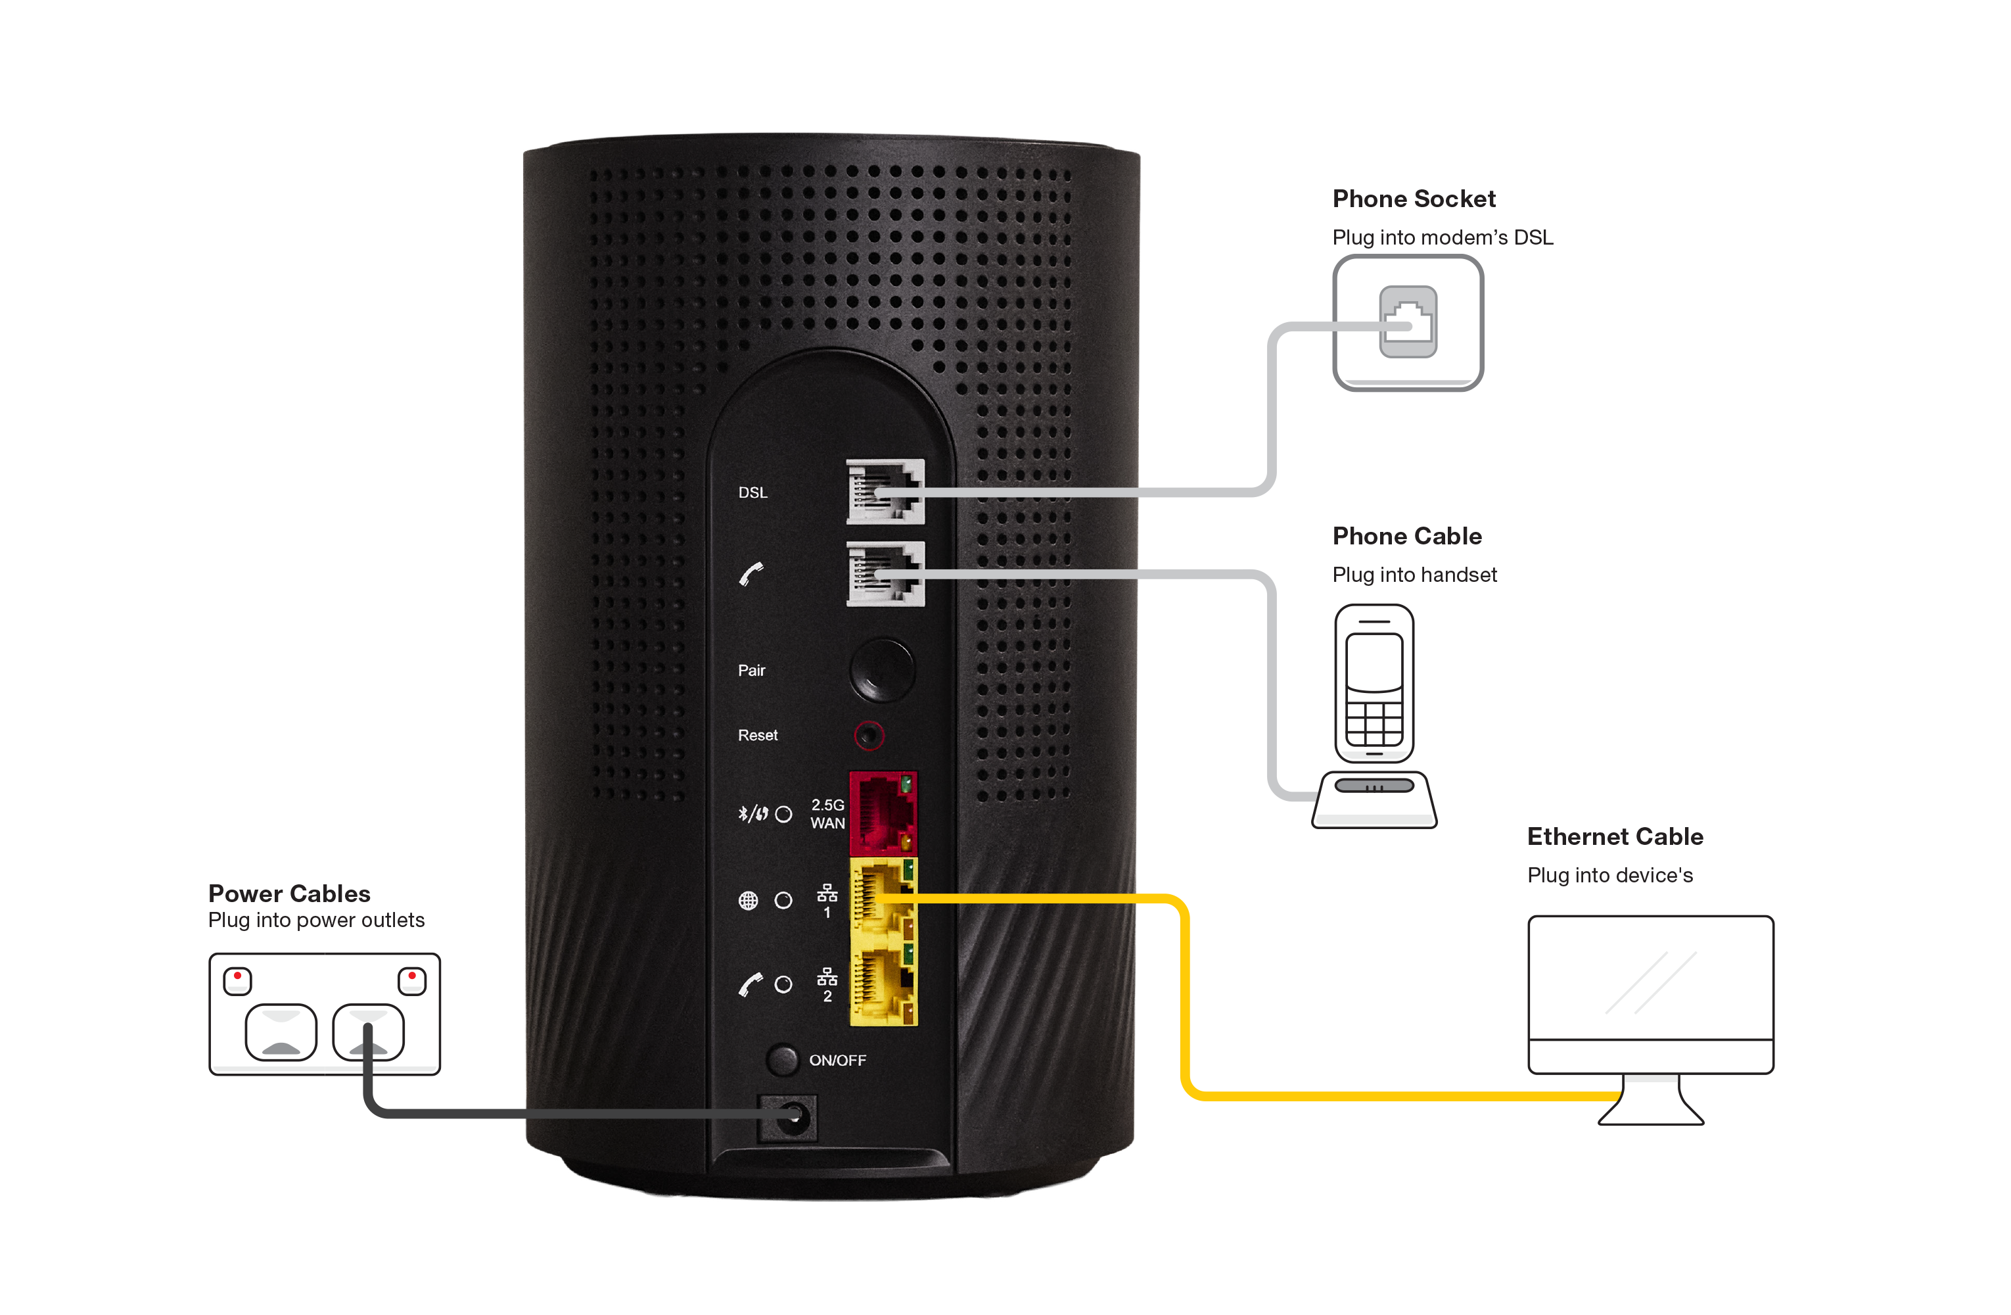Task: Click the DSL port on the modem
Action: (885, 491)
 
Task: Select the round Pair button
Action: (881, 669)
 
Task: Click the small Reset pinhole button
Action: (869, 735)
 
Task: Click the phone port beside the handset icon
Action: (885, 574)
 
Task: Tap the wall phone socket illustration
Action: (1408, 322)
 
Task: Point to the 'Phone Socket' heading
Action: (1414, 199)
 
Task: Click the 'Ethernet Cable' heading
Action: (1615, 836)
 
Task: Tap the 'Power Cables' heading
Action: (290, 894)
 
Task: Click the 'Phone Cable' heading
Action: (1407, 536)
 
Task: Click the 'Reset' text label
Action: (757, 735)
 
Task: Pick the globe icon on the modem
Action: (748, 900)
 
